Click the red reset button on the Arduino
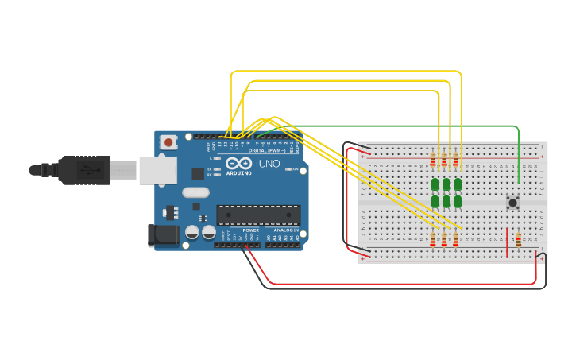pyautogui.click(x=168, y=142)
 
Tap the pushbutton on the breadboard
pyautogui.click(x=512, y=203)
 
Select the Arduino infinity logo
pyautogui.click(x=239, y=164)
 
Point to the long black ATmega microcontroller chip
pyautogui.click(x=258, y=215)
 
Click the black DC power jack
pyautogui.click(x=161, y=234)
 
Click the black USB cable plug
pyautogui.click(x=83, y=170)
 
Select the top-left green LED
pyautogui.click(x=435, y=184)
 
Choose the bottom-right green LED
pyautogui.click(x=458, y=202)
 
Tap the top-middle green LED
pyautogui.click(x=446, y=184)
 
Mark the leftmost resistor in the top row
pyautogui.click(x=433, y=161)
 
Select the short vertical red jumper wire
pyautogui.click(x=507, y=243)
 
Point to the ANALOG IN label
pyautogui.click(x=286, y=230)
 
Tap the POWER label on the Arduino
pyautogui.click(x=250, y=230)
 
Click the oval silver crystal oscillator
pyautogui.click(x=195, y=192)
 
